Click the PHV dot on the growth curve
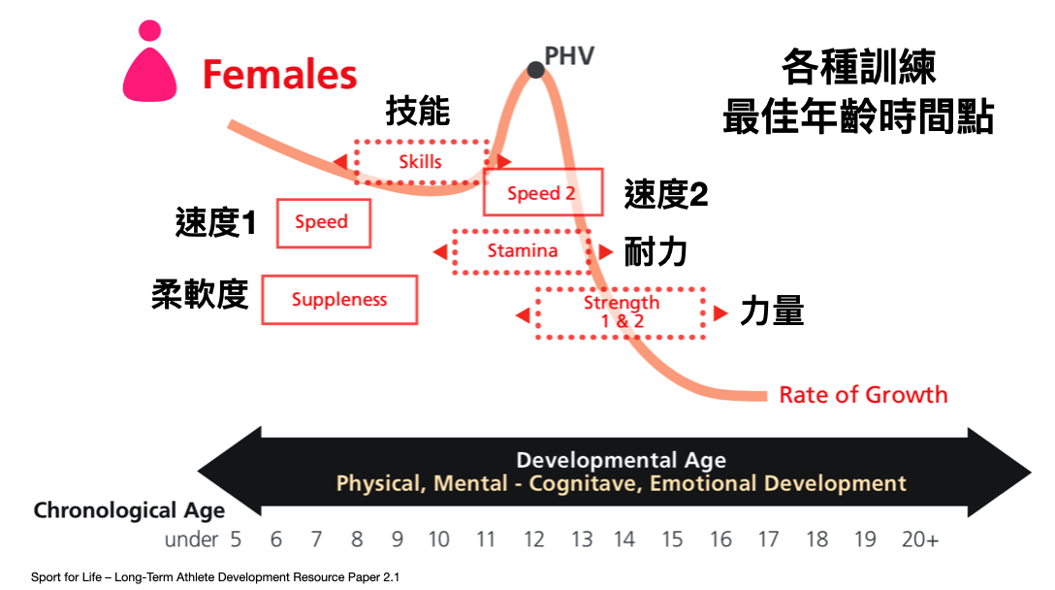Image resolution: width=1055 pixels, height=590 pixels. click(535, 69)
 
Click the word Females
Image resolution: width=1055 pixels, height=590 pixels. click(279, 74)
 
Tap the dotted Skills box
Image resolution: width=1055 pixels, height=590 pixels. click(421, 162)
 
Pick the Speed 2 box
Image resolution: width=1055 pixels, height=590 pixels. click(542, 192)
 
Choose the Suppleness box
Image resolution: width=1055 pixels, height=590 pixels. click(339, 300)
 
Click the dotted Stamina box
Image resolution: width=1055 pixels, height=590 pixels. click(522, 251)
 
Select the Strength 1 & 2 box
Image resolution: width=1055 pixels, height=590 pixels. click(621, 312)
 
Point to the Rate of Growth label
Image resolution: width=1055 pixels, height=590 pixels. click(863, 395)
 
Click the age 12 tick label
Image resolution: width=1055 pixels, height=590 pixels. click(534, 540)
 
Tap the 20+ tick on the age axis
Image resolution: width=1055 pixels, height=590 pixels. click(920, 540)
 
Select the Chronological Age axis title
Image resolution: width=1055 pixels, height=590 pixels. click(129, 510)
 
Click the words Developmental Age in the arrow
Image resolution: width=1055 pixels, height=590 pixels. click(621, 460)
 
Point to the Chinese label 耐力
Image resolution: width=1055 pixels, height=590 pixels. click(655, 252)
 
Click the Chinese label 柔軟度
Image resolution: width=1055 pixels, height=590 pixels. click(200, 294)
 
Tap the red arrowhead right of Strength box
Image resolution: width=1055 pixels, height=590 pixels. click(720, 313)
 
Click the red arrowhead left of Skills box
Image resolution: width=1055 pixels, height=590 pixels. click(340, 162)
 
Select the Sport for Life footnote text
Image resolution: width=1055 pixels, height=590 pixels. click(214, 577)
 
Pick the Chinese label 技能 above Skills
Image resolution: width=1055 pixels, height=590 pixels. click(418, 112)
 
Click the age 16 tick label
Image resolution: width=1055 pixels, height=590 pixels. click(720, 540)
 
